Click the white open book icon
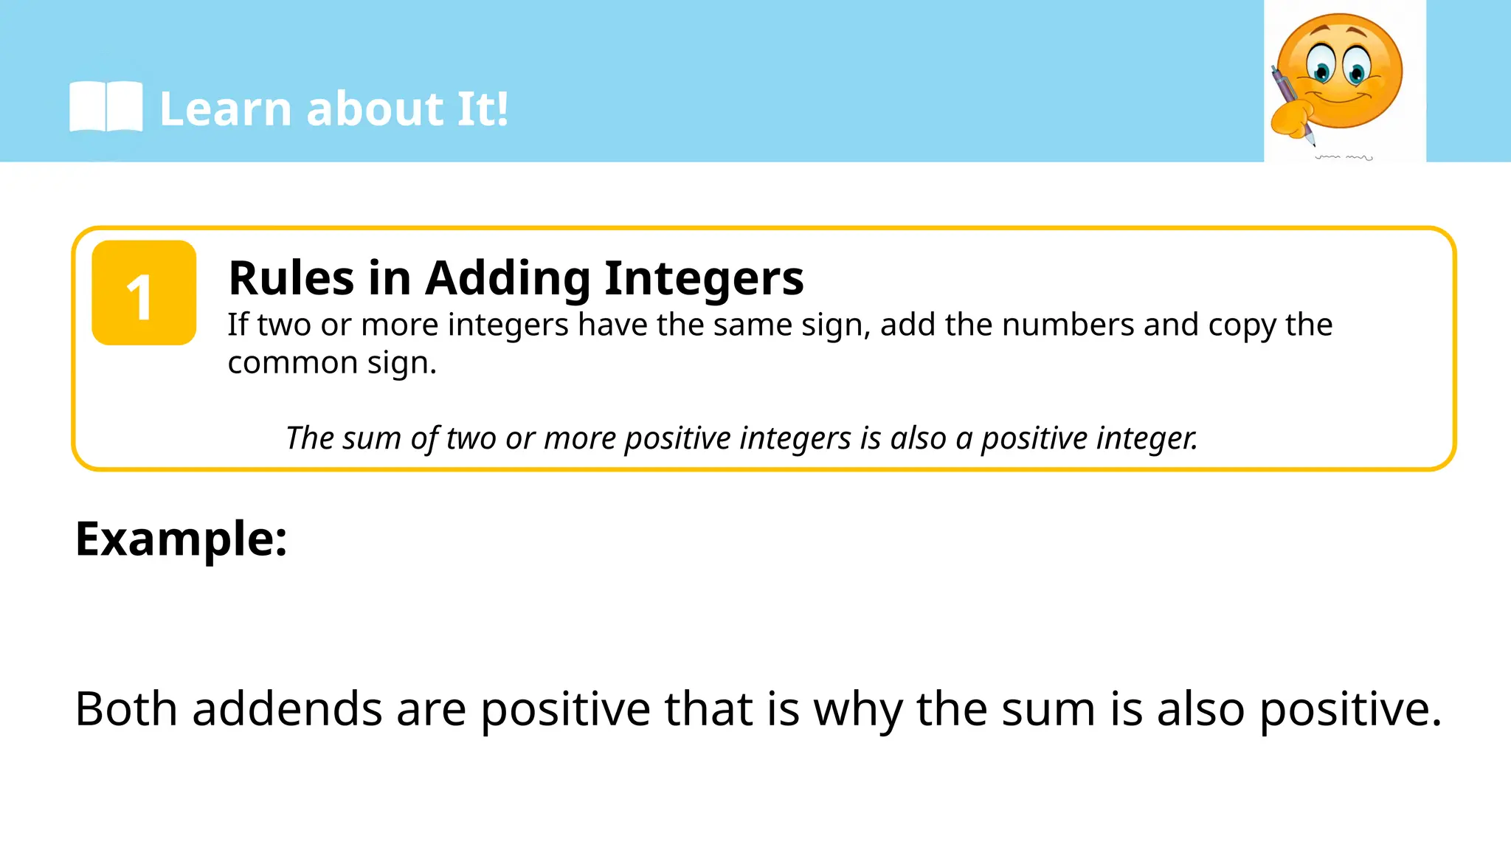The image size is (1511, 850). point(106,108)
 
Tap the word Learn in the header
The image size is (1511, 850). point(226,109)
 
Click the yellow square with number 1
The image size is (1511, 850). point(144,293)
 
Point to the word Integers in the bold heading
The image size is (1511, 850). point(704,278)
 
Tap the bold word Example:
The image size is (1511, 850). point(181,539)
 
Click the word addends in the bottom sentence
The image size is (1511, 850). point(287,709)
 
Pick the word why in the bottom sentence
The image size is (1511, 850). point(857,709)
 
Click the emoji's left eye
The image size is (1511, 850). point(1321,66)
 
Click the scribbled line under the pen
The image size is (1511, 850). point(1344,157)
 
